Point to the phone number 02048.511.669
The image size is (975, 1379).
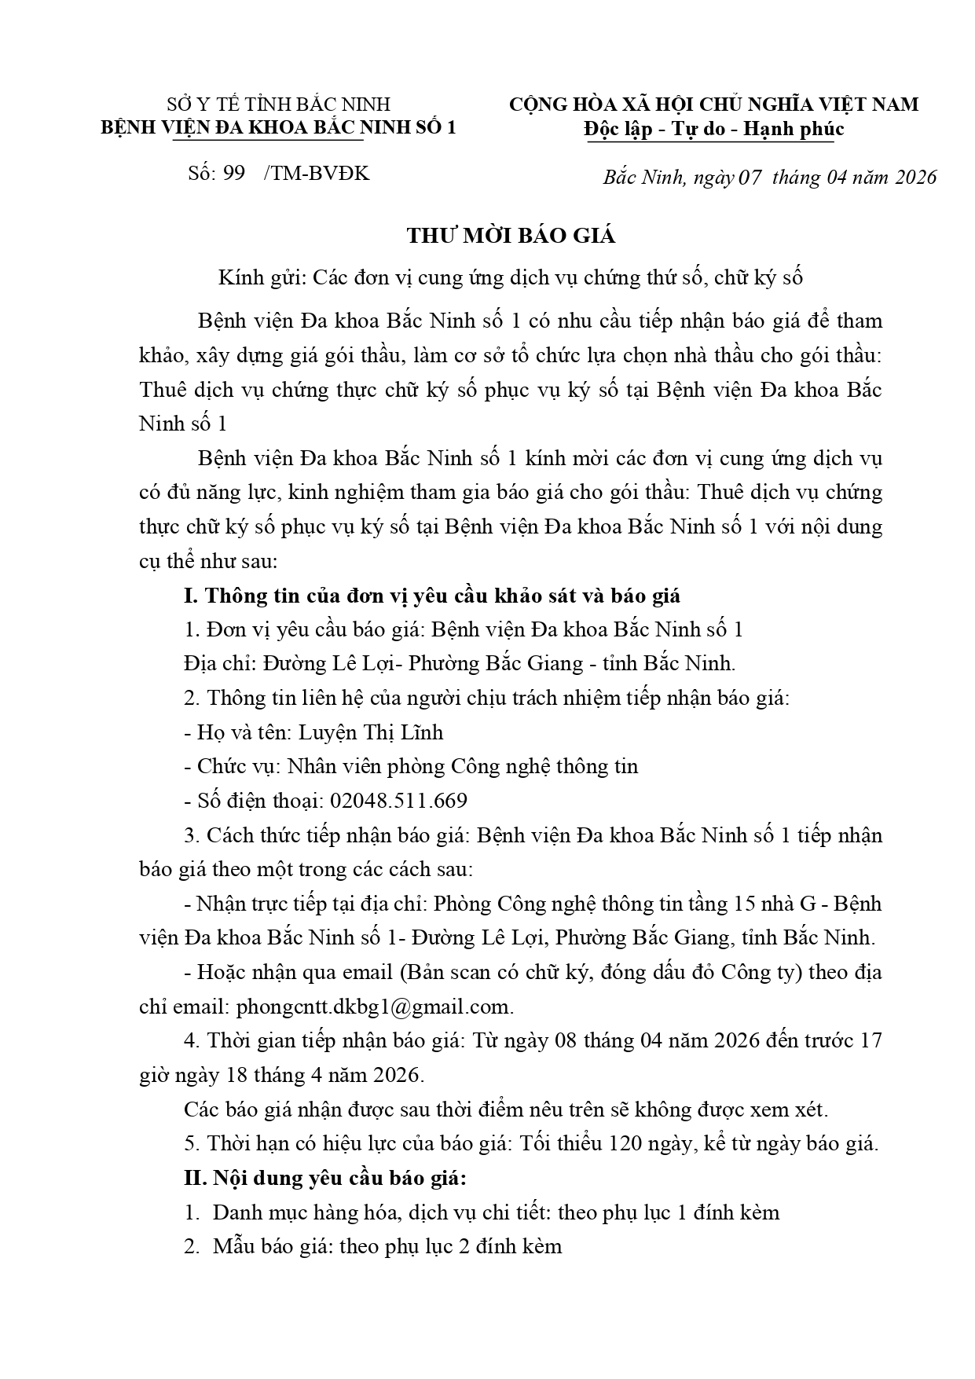pyautogui.click(x=398, y=801)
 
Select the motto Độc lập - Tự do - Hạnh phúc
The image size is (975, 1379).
pyautogui.click(x=714, y=129)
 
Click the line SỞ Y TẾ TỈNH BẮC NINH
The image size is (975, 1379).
pyautogui.click(x=278, y=105)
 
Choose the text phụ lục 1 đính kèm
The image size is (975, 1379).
pyautogui.click(x=691, y=1212)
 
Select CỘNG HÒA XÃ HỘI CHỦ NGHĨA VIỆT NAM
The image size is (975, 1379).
pyautogui.click(x=713, y=105)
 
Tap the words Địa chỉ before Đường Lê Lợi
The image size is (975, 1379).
pyautogui.click(x=208, y=664)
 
